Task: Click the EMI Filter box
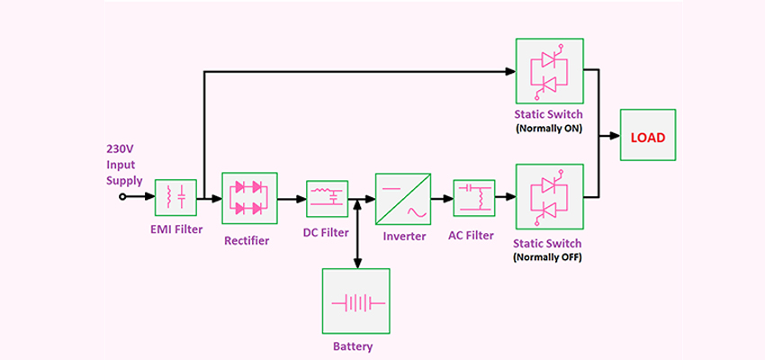[x=175, y=198]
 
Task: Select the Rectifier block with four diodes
[x=249, y=198]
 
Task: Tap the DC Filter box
[x=328, y=199]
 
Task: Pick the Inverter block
[x=403, y=199]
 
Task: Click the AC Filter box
[x=474, y=198]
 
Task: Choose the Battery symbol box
[x=355, y=301]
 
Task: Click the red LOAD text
[x=648, y=138]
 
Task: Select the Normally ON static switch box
[x=550, y=71]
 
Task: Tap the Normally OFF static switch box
[x=550, y=196]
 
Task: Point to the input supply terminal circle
[x=122, y=196]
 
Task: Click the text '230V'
[x=119, y=149]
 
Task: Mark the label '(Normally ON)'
[x=549, y=130]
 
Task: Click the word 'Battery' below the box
[x=353, y=346]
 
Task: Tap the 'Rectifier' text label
[x=247, y=240]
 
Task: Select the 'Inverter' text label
[x=404, y=237]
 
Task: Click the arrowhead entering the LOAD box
[x=615, y=136]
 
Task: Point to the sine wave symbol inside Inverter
[x=417, y=211]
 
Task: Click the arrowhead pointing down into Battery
[x=357, y=264]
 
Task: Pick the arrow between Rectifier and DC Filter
[x=292, y=199]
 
